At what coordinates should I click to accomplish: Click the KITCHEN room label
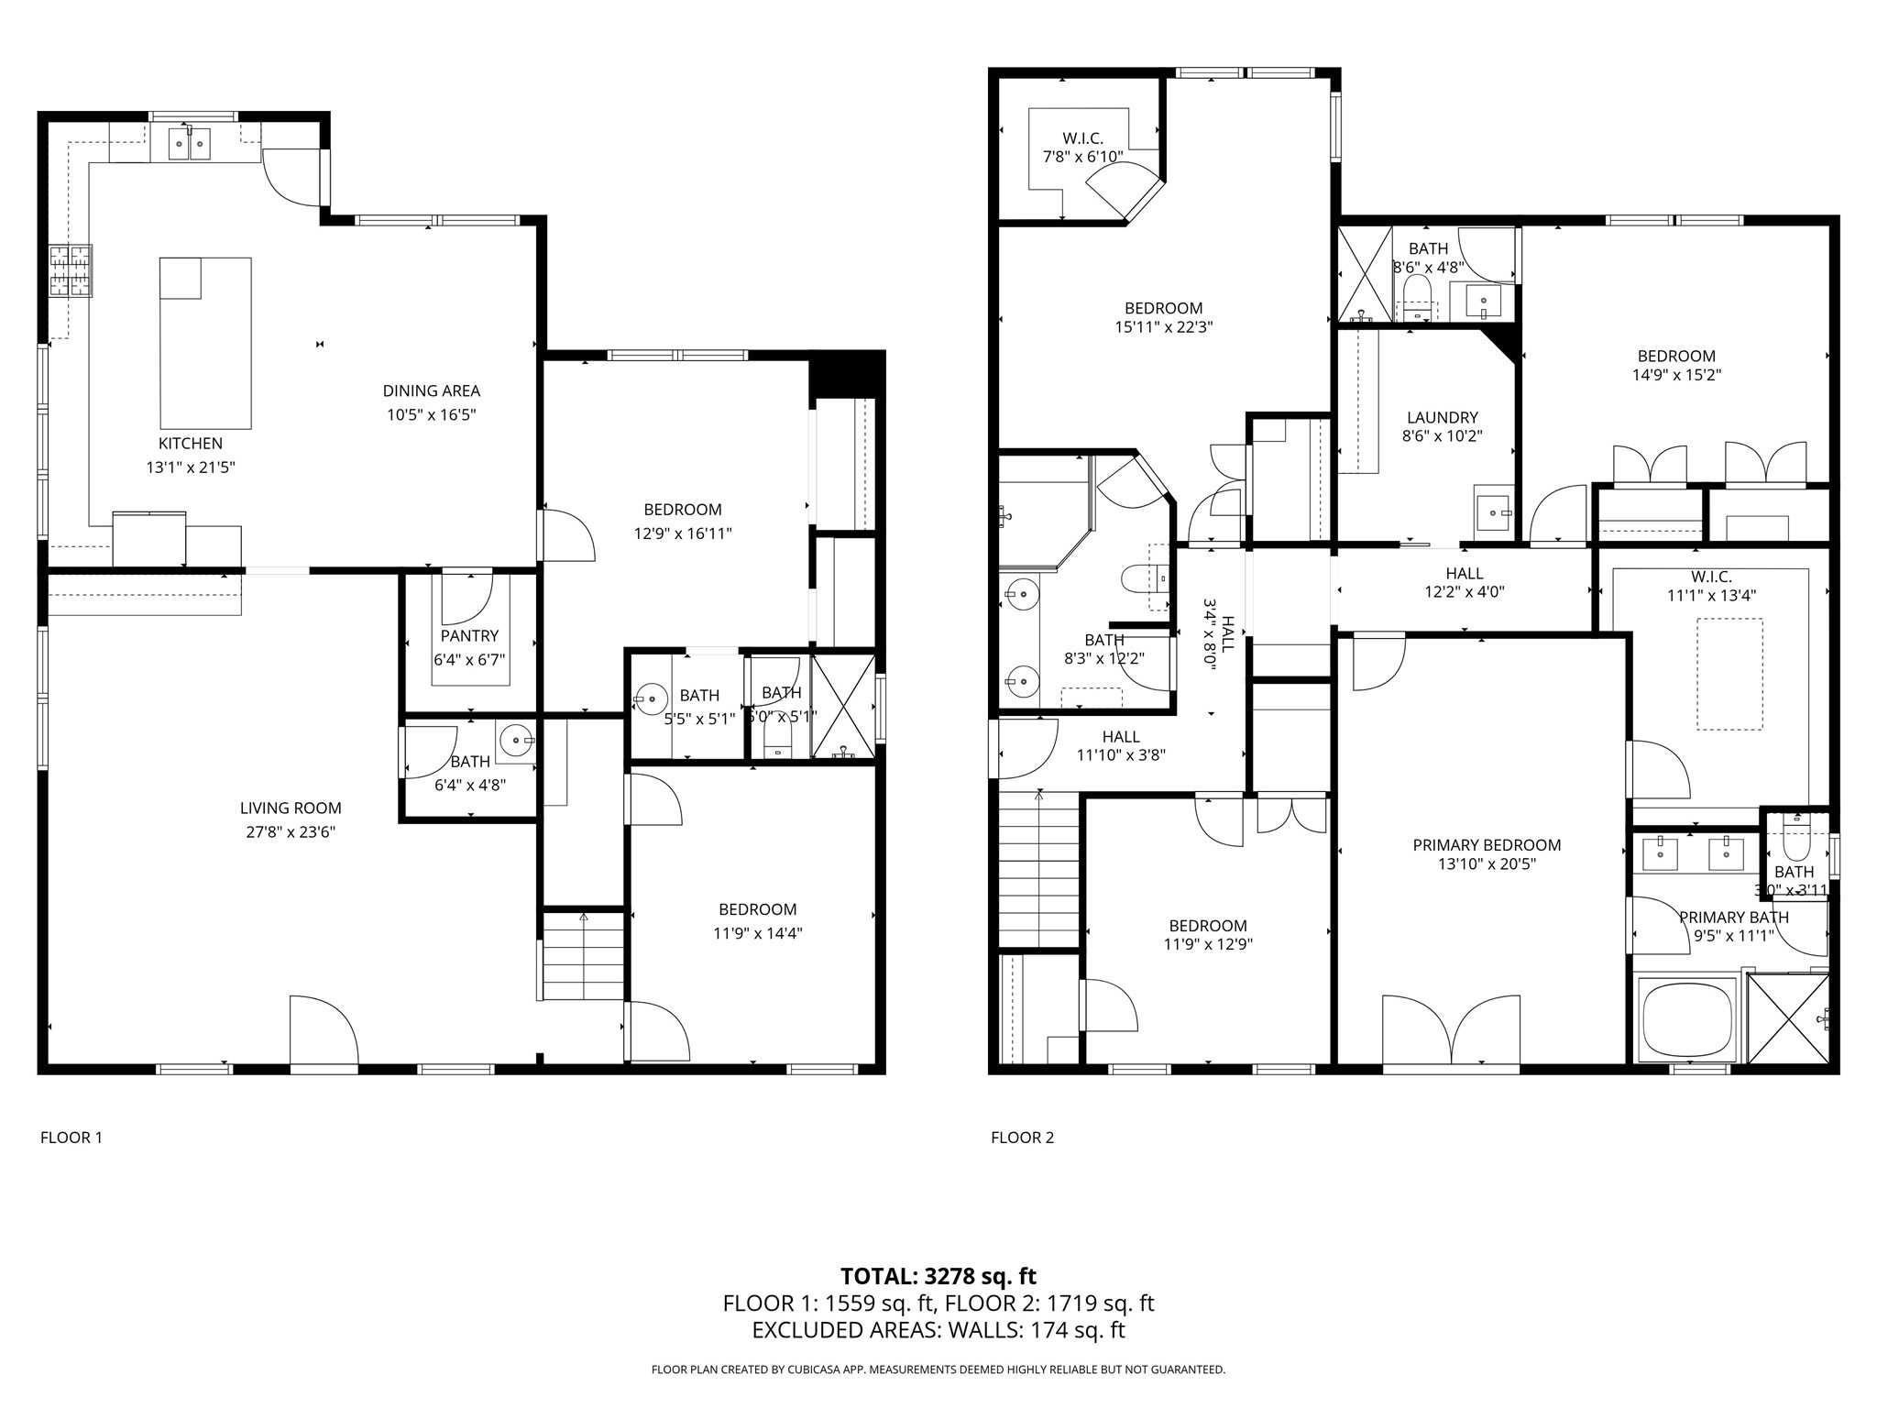click(x=191, y=444)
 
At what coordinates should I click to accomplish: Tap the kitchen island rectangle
click(x=205, y=344)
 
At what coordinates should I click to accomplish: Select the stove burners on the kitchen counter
click(x=71, y=270)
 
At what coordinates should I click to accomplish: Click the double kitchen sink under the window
click(x=190, y=144)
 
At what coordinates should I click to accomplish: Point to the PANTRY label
click(x=469, y=635)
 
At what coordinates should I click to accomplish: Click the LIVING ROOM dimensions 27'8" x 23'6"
click(x=291, y=832)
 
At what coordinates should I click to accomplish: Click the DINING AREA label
click(x=431, y=391)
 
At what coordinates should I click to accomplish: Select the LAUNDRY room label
click(x=1442, y=418)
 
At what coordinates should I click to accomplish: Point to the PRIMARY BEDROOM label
click(x=1487, y=845)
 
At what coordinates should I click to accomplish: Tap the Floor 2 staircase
click(x=1038, y=871)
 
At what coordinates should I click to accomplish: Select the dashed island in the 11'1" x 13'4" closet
click(x=1729, y=674)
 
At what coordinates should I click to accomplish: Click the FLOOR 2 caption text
click(x=1022, y=1138)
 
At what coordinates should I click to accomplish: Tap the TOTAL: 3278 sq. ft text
click(x=938, y=1276)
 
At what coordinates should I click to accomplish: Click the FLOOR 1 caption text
click(x=71, y=1138)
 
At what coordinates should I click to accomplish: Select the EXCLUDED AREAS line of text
click(x=938, y=1330)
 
